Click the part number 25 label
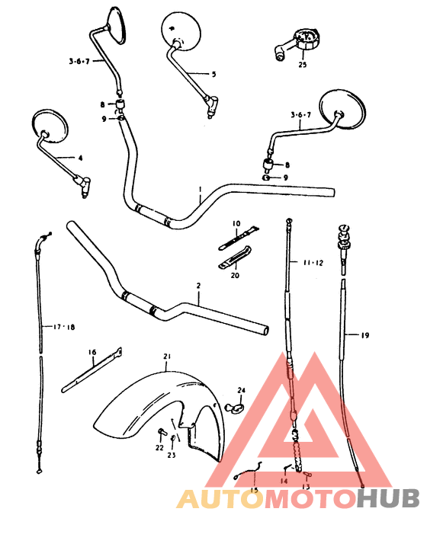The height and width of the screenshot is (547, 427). pyautogui.click(x=303, y=65)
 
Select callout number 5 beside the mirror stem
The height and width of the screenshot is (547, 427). pyautogui.click(x=213, y=74)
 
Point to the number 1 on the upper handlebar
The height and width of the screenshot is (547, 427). pyautogui.click(x=200, y=190)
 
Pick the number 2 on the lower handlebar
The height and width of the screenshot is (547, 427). pyautogui.click(x=197, y=286)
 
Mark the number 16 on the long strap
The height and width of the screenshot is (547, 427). pyautogui.click(x=92, y=352)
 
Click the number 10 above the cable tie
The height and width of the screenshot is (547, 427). pyautogui.click(x=236, y=224)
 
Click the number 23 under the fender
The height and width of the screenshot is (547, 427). pyautogui.click(x=172, y=456)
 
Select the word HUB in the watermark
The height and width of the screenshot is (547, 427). pyautogui.click(x=388, y=498)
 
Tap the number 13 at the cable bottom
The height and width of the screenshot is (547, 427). pyautogui.click(x=307, y=487)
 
